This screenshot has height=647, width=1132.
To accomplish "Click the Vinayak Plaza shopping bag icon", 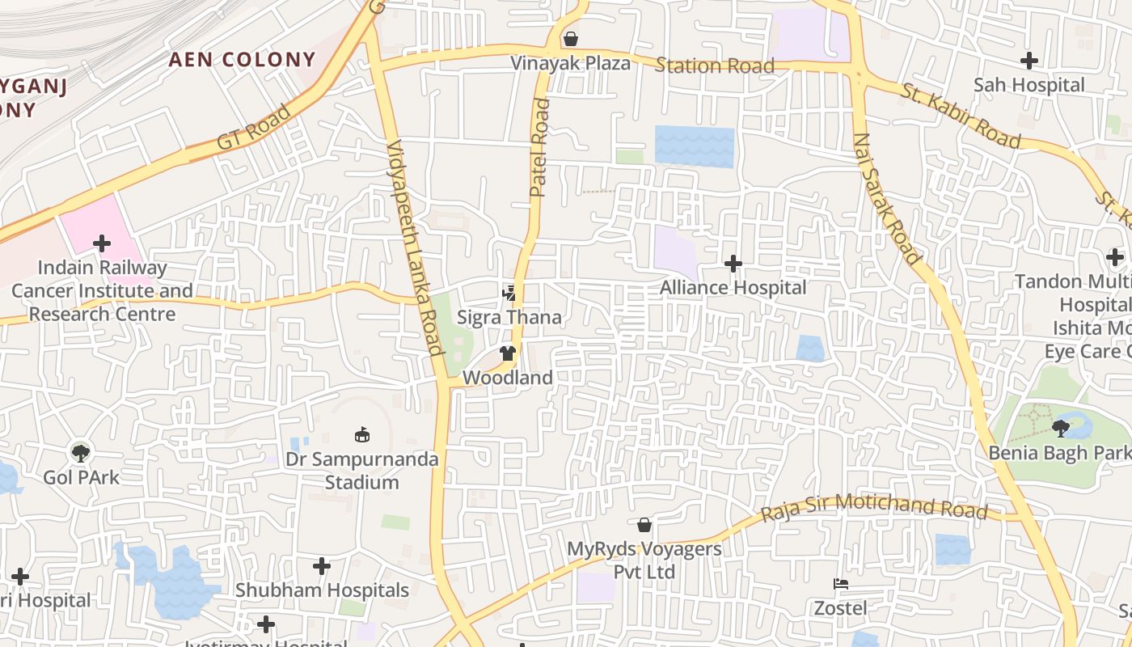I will click(571, 39).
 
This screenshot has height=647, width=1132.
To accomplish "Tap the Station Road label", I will click(715, 66).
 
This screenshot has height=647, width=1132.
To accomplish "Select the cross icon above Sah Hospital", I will click(1029, 61).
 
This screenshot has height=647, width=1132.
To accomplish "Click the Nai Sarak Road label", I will click(886, 199).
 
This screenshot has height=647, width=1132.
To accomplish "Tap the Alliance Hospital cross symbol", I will click(733, 264).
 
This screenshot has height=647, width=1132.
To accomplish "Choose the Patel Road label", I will click(539, 148).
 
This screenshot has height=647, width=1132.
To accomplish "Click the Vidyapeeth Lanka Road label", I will click(416, 247).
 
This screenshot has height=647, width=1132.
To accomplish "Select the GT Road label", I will click(253, 128).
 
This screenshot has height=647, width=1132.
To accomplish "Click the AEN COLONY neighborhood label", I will click(242, 59).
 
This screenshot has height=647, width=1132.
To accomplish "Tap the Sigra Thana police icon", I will click(509, 293).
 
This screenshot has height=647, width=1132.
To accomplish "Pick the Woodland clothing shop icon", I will click(507, 353).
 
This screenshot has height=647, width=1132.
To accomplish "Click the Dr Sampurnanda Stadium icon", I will click(362, 435).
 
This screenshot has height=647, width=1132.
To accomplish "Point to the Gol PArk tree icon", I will click(80, 453).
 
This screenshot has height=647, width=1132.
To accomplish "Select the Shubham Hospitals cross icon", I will click(322, 566).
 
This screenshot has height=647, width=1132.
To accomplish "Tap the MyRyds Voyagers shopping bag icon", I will click(644, 525).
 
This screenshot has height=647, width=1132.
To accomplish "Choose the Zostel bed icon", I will click(840, 584).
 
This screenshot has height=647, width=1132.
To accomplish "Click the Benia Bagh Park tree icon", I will click(1061, 428).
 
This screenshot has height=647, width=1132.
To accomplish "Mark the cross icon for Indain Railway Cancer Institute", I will click(102, 243).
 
